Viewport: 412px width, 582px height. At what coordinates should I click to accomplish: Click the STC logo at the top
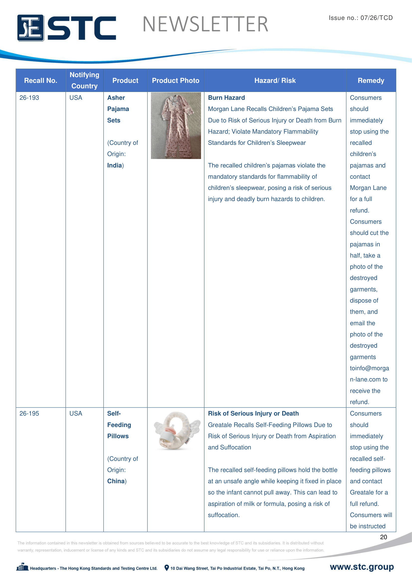(67, 28)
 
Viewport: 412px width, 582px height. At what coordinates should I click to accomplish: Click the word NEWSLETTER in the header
(205, 24)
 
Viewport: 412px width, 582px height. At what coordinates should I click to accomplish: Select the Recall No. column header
(41, 81)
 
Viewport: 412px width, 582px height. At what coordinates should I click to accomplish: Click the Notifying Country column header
(84, 80)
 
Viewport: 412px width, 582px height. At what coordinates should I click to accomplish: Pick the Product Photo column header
(176, 81)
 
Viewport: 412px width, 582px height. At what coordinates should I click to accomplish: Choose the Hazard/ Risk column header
(275, 81)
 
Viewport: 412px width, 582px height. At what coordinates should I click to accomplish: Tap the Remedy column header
(371, 81)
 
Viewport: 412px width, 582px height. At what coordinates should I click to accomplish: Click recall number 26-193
(29, 98)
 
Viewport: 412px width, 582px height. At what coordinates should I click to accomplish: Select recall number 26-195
(29, 414)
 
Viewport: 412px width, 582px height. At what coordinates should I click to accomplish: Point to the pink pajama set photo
(176, 126)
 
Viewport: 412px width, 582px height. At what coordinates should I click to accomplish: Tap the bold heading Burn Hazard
(226, 98)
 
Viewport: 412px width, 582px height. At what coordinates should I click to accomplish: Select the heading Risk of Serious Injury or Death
(253, 414)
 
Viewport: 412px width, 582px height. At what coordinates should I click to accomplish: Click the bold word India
(114, 165)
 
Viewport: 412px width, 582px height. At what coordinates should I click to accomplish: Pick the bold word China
(116, 481)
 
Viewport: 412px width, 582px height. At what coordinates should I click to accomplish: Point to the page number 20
(383, 537)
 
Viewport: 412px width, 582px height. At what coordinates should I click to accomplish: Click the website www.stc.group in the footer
(361, 567)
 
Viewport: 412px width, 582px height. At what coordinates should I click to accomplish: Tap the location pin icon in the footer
(167, 568)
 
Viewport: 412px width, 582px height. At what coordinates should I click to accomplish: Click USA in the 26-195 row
(76, 414)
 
